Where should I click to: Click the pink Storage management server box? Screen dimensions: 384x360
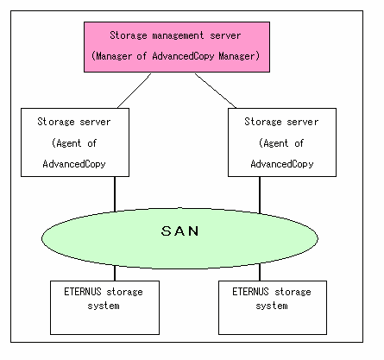coord(177,47)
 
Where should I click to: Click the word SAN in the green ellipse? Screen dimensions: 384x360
coord(180,231)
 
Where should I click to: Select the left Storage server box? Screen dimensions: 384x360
coord(75,142)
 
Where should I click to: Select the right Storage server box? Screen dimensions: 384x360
coord(282,142)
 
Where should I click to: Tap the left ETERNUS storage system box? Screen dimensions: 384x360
coord(104,307)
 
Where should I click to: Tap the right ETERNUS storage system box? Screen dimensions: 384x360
coord(273,307)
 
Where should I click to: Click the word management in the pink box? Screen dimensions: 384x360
coord(178,35)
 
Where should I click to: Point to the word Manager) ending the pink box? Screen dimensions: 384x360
coord(239,56)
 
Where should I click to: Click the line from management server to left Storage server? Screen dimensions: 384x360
coord(134,91)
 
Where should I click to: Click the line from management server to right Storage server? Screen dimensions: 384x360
coord(216,91)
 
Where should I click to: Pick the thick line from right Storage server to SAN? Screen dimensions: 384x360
coord(260,195)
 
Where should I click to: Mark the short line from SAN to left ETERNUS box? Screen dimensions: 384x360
coord(115,273)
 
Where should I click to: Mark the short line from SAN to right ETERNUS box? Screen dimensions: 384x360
coord(260,272)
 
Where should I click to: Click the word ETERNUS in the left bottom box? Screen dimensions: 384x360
coord(83,292)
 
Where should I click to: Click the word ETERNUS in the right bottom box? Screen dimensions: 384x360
coord(250,292)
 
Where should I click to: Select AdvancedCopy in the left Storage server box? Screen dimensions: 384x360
coord(74,164)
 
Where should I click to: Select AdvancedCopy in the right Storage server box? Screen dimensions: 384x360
coord(282,164)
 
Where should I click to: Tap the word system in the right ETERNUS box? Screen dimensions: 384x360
coord(272,306)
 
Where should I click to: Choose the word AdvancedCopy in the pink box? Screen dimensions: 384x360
coord(183,56)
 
